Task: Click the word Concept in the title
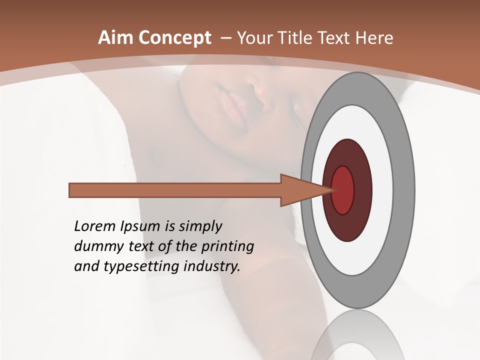click(x=175, y=38)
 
